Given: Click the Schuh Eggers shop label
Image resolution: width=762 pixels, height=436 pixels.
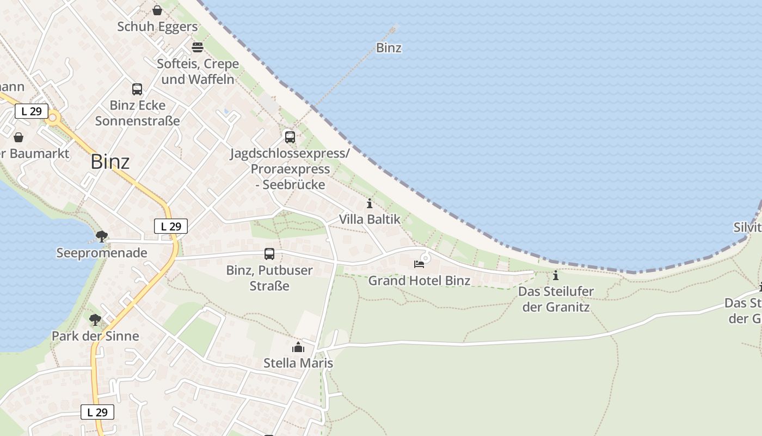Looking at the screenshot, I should tap(157, 27).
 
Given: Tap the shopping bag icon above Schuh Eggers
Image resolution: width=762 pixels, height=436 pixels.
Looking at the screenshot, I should tap(157, 10).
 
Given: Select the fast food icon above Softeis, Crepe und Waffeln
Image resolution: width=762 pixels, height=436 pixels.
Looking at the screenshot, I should tap(198, 47).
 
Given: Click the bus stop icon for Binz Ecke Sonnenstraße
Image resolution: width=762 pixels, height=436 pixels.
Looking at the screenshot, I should tap(137, 89).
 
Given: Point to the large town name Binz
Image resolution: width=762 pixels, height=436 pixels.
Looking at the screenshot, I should tap(110, 162).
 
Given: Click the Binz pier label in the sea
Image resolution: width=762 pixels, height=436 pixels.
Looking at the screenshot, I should tap(389, 48).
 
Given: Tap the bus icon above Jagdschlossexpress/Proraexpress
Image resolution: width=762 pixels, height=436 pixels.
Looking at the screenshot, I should tap(290, 137).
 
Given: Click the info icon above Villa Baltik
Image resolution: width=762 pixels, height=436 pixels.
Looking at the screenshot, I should tap(370, 204).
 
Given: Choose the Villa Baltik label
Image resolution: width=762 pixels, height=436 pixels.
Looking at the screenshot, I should tap(370, 220).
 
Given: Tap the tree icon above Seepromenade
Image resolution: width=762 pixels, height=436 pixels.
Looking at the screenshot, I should tap(101, 237).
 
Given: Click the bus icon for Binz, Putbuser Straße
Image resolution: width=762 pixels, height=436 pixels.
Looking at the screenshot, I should tap(269, 254).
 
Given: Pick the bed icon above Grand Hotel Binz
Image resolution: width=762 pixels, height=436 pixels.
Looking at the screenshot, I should tap(419, 264).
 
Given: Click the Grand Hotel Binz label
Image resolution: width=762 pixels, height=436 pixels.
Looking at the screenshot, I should tap(419, 281).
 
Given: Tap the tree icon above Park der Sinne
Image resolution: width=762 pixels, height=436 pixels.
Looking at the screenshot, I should tap(95, 320).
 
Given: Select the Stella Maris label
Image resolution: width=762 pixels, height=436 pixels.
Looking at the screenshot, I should tap(298, 363).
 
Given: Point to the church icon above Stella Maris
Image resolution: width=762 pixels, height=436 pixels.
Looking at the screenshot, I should tap(298, 347).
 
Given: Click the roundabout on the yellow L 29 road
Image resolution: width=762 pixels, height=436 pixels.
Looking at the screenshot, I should tap(53, 117).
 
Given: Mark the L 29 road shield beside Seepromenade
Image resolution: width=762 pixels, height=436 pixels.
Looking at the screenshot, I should tap(171, 226).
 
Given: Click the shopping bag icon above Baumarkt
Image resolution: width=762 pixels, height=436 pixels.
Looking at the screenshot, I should tap(19, 137).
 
